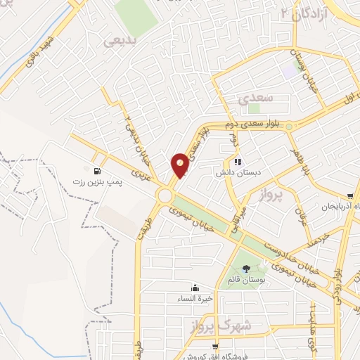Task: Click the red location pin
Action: point(180,165)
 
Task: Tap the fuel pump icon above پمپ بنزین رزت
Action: point(96,170)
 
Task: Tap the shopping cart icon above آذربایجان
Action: point(349,196)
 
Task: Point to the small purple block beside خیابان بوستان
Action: point(290,70)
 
